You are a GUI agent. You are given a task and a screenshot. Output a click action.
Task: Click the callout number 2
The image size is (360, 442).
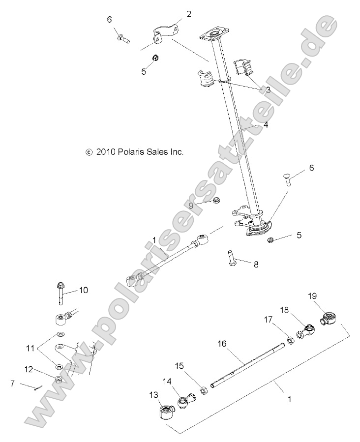pyautogui.click(x=189, y=14)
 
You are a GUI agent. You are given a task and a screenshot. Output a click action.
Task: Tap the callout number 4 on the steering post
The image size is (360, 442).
pyautogui.click(x=266, y=125)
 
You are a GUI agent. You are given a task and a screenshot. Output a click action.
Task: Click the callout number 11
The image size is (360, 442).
pyautogui.click(x=31, y=348)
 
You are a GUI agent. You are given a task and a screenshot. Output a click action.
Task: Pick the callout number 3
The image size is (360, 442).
pyautogui.click(x=268, y=90)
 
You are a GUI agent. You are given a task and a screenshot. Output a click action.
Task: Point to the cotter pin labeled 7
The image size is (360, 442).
pyautogui.click(x=38, y=388)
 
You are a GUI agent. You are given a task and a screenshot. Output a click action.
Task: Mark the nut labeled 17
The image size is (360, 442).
pyautogui.click(x=291, y=339)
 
